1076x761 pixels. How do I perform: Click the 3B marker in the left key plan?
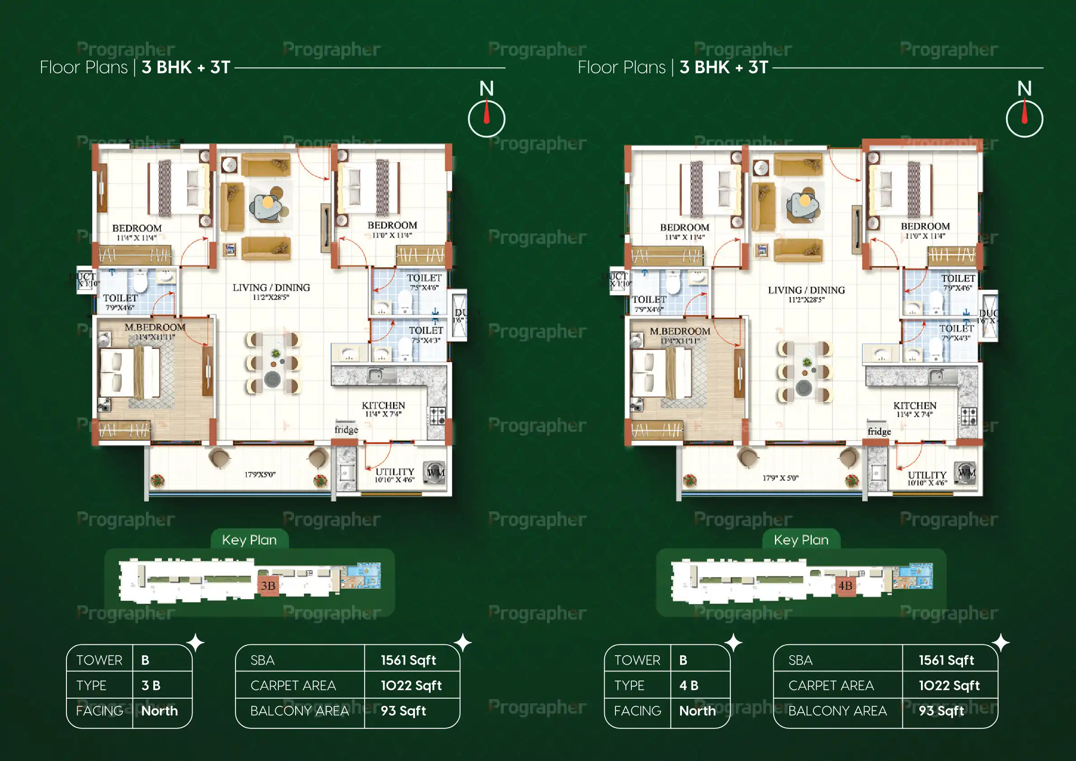pos(268,586)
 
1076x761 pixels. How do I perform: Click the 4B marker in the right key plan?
pos(846,586)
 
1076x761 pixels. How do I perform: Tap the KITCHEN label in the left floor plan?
pos(383,406)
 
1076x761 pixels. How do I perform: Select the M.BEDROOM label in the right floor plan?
pos(680,331)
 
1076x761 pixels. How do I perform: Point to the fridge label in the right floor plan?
pos(879,431)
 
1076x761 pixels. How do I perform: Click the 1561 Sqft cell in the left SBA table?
pos(408,660)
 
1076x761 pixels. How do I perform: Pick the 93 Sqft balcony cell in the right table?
pos(941,711)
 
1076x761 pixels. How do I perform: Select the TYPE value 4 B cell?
pos(689,685)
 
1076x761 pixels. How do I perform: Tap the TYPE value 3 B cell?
pos(151,685)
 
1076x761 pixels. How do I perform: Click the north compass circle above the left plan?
pos(486,119)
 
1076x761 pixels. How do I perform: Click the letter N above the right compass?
pos(1024,89)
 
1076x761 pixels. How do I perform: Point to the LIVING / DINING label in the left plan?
pos(271,288)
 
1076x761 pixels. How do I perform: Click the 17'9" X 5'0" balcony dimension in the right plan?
pos(780,478)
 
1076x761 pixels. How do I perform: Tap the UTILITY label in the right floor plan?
pos(927,475)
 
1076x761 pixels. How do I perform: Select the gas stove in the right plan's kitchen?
pos(969,416)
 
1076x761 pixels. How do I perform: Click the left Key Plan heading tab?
pos(249,540)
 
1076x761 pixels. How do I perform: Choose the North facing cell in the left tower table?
pos(160,711)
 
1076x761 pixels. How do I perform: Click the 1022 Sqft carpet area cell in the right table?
pos(949,685)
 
